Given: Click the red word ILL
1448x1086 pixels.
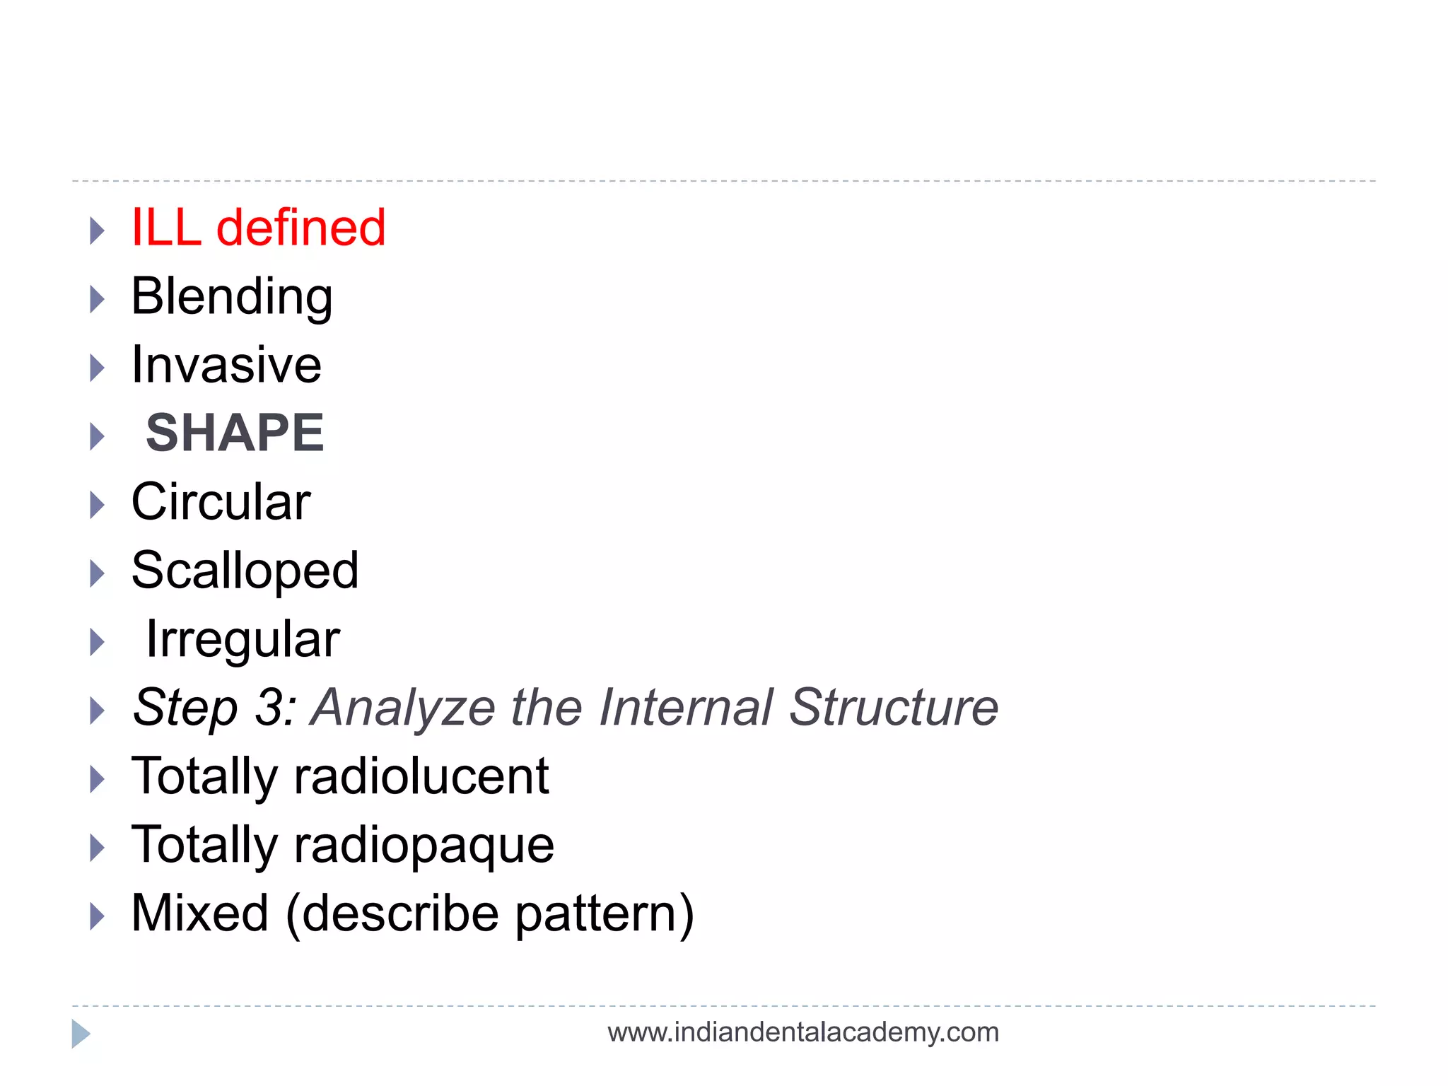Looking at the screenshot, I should coord(166,228).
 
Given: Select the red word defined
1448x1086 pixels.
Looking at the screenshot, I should coord(300,228).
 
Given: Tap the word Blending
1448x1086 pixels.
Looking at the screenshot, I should coord(232,297).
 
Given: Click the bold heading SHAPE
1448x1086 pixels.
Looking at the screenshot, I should coord(235,433).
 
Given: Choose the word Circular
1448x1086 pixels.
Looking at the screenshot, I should coord(221,502).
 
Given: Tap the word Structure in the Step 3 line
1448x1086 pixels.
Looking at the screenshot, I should coord(893,708).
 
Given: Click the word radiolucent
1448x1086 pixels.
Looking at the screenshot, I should coord(421,776).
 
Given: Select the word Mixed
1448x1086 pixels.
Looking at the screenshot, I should coord(200,913).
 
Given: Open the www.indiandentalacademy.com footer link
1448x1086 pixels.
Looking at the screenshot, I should coord(803,1032).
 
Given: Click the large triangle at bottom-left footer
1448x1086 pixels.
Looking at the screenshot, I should coord(80,1034).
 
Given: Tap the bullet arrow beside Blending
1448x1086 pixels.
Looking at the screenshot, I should coord(97,300).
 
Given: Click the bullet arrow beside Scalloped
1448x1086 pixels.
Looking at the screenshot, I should coord(97,573).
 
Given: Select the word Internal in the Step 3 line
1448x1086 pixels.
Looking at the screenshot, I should coord(686,708).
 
